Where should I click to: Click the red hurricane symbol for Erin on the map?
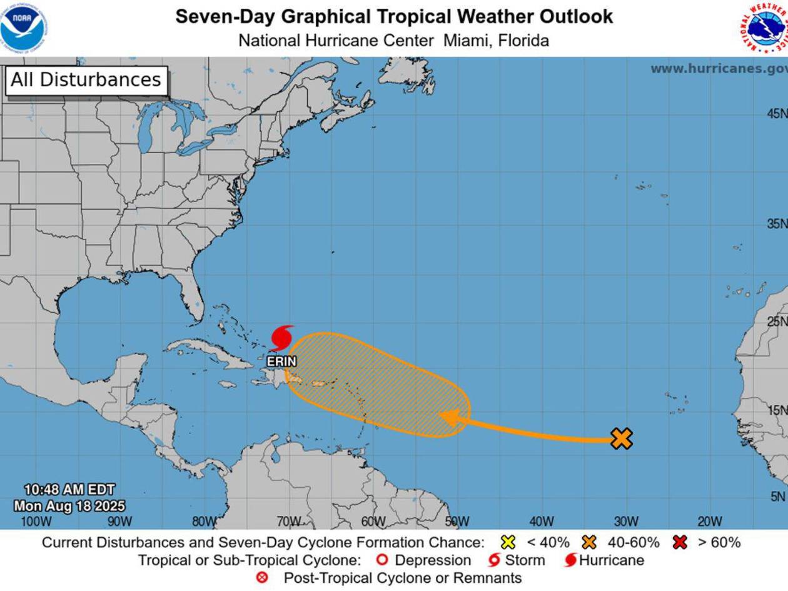[282, 338]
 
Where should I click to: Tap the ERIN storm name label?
[281, 361]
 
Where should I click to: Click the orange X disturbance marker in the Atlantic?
[621, 438]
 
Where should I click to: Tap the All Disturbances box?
[86, 81]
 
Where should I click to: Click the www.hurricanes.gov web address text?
[718, 69]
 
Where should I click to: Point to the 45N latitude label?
[777, 114]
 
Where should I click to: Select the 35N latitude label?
[777, 224]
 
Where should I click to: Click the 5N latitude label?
[777, 497]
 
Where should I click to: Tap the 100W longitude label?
[36, 522]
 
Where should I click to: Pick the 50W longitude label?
[457, 522]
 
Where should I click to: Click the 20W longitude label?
[709, 522]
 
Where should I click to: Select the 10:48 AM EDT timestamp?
[69, 490]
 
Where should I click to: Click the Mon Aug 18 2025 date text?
[69, 506]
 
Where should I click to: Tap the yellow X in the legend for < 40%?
[508, 542]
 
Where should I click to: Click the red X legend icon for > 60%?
[680, 542]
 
